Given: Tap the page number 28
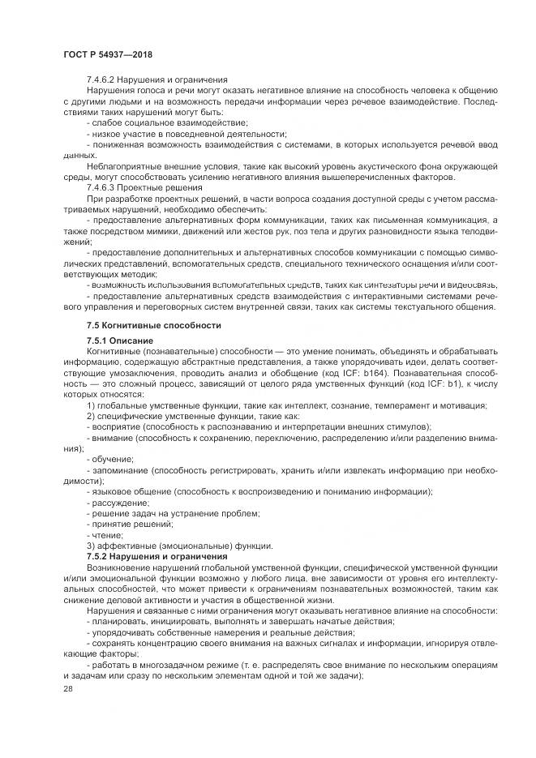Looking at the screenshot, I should (68, 687).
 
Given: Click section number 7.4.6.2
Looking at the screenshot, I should (105, 79).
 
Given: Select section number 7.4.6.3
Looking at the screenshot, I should (105, 187).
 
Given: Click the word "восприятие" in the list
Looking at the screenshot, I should (114, 426).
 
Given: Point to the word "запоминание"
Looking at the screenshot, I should (118, 470).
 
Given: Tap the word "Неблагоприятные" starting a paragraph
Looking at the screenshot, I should (122, 165).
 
